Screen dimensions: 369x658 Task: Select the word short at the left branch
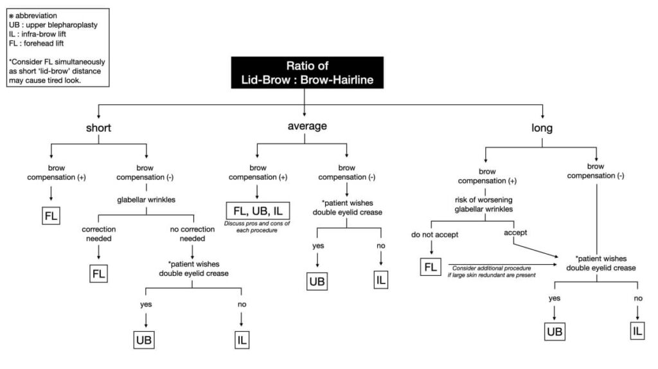point(98,127)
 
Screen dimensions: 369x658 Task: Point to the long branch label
point(542,127)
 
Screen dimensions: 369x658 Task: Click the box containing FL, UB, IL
point(257,210)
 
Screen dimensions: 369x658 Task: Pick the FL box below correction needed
point(98,273)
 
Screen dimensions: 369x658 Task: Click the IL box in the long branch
point(637,331)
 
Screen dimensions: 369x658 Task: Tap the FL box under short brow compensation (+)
point(51,216)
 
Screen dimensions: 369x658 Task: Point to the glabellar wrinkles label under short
point(147,200)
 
